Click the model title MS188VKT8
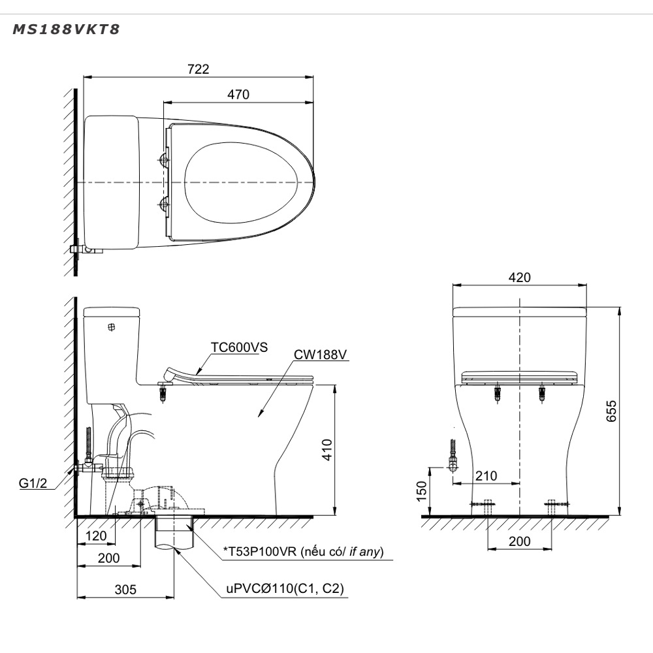coord(66,29)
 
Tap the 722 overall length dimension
coord(199,69)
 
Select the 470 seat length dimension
coord(238,95)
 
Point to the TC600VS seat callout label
coord(239,347)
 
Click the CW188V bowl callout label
coord(320,355)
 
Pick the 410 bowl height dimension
coord(327,450)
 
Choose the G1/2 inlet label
coord(33,483)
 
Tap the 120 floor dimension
coord(96,535)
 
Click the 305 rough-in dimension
coord(125,589)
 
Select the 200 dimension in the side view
coord(108,558)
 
